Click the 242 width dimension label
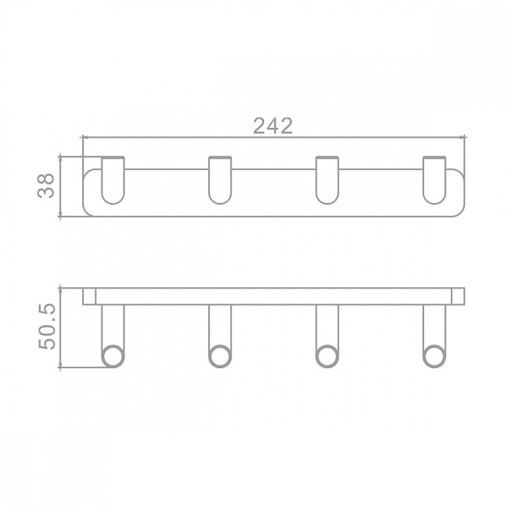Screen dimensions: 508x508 tap(273, 125)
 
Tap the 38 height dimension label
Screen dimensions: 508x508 tap(46, 185)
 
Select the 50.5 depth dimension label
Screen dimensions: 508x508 tap(47, 327)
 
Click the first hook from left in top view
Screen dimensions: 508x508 tap(113, 180)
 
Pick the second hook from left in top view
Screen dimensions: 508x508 tap(220, 180)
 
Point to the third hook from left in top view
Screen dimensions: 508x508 tap(327, 180)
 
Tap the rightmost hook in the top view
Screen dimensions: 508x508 tap(434, 180)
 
